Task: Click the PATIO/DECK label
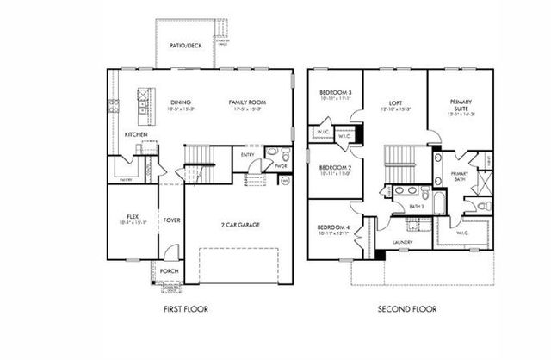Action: point(185,46)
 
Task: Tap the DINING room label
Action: point(181,102)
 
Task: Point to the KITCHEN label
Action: point(135,135)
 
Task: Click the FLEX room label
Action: point(133,216)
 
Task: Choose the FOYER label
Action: point(171,219)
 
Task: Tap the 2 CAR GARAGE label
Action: point(241,225)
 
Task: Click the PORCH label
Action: point(169,272)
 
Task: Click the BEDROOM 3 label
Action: point(333,92)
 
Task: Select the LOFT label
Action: point(394,102)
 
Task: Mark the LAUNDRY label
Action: point(403,242)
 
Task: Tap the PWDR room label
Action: point(281,166)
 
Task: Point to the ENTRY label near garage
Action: point(247,155)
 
